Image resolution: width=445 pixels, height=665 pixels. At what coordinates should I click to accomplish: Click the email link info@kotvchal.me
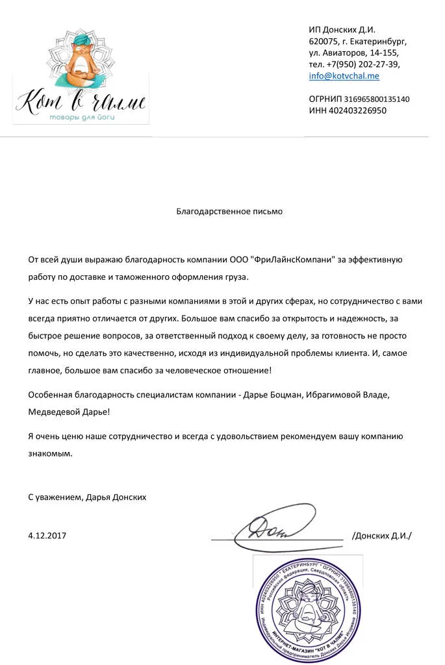344,76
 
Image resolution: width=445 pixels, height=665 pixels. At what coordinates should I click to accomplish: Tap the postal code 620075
323,41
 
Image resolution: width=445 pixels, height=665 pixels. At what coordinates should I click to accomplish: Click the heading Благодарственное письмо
229,211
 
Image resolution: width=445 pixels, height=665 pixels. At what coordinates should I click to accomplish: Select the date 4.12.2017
47,536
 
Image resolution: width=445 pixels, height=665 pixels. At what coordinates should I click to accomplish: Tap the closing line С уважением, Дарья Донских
87,497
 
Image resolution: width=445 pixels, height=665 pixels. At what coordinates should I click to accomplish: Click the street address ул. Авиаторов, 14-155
353,53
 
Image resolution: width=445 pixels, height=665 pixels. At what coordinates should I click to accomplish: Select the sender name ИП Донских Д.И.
342,29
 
